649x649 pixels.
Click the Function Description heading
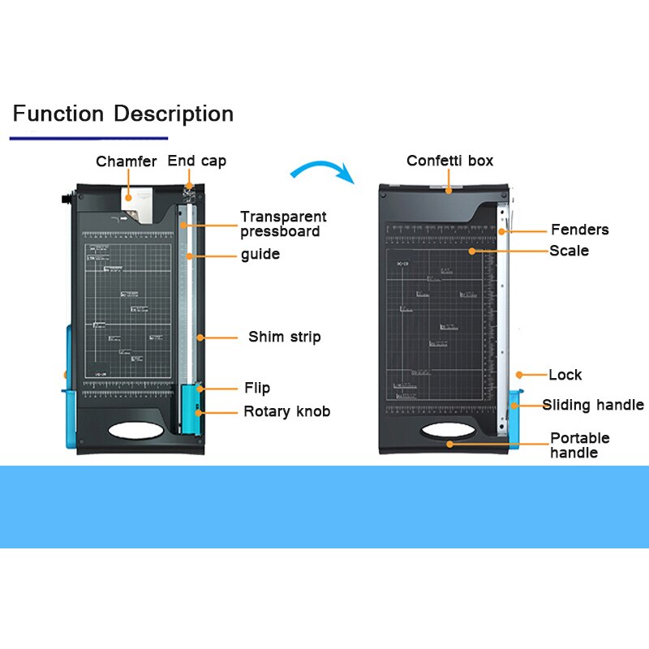pos(122,114)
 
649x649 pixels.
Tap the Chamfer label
pos(126,161)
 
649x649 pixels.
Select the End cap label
pos(197,161)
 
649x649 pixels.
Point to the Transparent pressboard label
pos(283,224)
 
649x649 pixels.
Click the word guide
pos(260,255)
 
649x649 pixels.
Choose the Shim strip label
pos(284,337)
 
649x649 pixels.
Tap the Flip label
pos(257,388)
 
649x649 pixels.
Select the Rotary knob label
pos(286,411)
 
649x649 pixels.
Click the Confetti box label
pos(449,161)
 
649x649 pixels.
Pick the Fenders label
pos(579,230)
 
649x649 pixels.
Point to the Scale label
pos(569,251)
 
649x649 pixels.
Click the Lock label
pos(565,375)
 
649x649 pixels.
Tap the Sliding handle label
pos(593,405)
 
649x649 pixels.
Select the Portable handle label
pos(580,445)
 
